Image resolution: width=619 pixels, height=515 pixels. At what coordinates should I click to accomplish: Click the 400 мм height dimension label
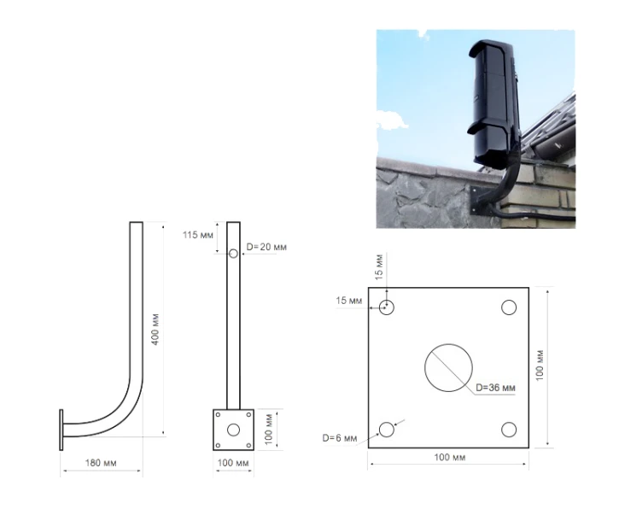pos(155,330)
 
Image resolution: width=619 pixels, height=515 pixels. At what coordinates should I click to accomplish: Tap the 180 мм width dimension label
pos(101,463)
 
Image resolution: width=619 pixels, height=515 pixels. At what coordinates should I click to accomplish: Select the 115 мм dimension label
pos(197,235)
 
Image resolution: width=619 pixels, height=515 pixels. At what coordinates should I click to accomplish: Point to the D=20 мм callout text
pos(266,247)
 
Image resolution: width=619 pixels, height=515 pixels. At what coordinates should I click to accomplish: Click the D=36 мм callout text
pos(495,388)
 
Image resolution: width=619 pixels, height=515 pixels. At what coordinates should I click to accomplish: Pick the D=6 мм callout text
pos(340,438)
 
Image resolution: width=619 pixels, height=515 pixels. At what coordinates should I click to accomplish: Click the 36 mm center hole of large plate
pos(448,368)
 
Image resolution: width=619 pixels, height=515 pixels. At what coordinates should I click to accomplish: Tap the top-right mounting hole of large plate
pos(509,307)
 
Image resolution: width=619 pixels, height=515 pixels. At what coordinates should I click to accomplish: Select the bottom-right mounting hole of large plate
pos(509,430)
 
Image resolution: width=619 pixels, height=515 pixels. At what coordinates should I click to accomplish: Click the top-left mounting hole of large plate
pos(387,307)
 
